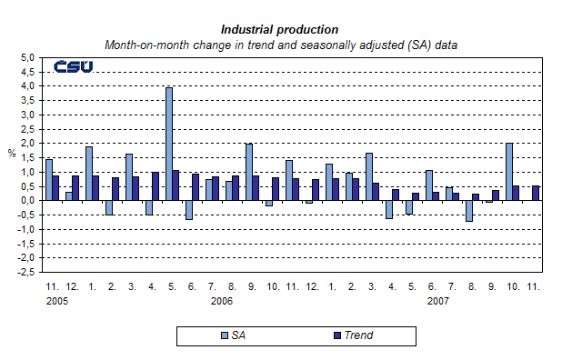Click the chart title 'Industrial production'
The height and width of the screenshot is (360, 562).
pyautogui.click(x=279, y=29)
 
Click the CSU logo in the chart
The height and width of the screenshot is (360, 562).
pyautogui.click(x=74, y=66)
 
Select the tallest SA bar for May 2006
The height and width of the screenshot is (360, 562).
pyautogui.click(x=169, y=144)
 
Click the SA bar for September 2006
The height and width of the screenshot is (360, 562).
pyautogui.click(x=249, y=172)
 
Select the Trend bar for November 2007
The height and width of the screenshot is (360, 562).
pyautogui.click(x=536, y=193)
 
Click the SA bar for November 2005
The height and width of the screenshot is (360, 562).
pyautogui.click(x=49, y=179)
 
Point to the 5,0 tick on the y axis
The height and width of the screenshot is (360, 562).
pyautogui.click(x=27, y=57)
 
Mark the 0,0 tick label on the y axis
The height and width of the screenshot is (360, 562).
pyautogui.click(x=27, y=200)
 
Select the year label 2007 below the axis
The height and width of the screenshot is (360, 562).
pyautogui.click(x=438, y=300)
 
